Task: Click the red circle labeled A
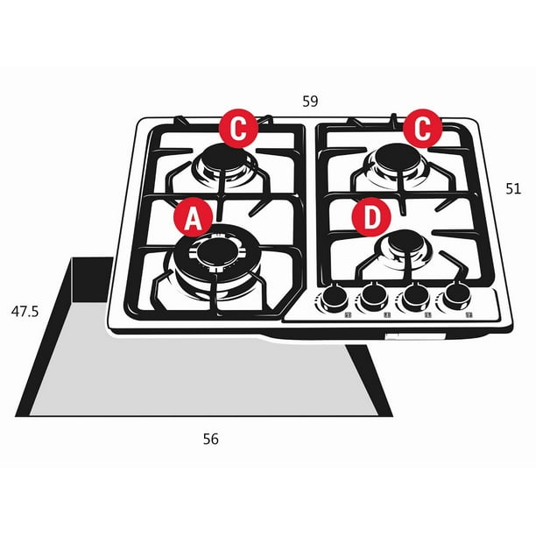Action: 194,217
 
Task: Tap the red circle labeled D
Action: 371,217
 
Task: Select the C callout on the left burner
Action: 238,129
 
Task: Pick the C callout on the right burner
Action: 422,129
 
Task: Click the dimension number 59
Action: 310,102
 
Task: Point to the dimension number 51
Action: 513,188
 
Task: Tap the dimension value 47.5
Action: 25,312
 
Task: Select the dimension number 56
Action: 210,439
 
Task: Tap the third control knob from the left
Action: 414,295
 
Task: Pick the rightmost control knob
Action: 457,294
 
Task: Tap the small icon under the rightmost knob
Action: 469,314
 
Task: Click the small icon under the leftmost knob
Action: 348,314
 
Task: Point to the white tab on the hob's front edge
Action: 415,336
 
